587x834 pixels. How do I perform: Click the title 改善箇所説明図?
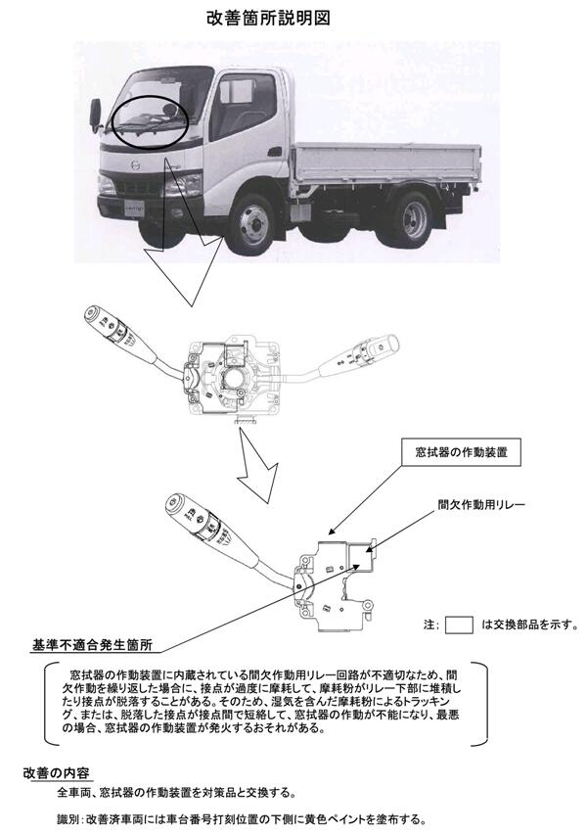coord(268,18)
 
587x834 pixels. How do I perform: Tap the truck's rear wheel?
coord(413,219)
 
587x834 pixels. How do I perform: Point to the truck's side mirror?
coord(96,115)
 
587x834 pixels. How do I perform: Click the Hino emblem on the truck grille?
coord(136,166)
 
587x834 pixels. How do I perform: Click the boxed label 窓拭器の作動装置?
coord(461,452)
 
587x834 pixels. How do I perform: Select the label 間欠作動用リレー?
coord(481,504)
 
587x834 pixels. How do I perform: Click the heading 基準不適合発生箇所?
coord(92,645)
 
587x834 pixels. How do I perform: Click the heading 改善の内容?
coord(56,773)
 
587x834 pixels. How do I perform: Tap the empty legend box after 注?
coord(458,625)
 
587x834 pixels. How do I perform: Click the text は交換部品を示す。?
coord(530,625)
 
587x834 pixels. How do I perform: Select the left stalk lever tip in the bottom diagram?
coord(174,502)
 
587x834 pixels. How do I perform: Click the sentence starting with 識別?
coord(241,819)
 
